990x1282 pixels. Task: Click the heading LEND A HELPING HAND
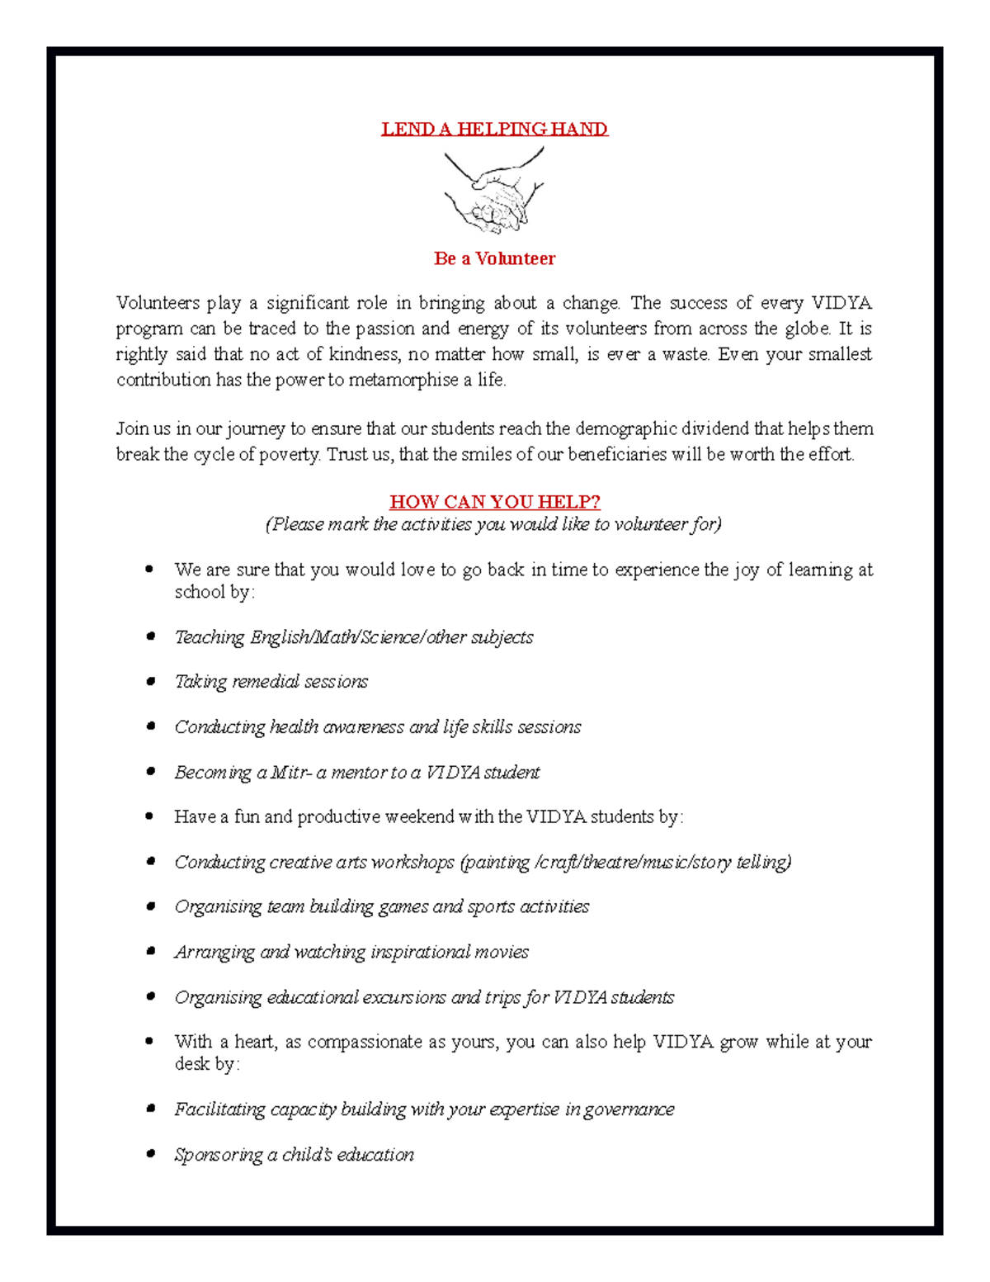(494, 129)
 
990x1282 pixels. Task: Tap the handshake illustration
(493, 192)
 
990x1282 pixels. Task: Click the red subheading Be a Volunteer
(494, 258)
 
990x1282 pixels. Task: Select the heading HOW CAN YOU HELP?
(494, 502)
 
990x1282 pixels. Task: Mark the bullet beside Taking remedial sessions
(150, 682)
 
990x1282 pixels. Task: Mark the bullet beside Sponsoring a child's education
(150, 1154)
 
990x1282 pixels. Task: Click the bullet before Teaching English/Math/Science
(150, 636)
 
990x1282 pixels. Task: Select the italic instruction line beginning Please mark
(493, 524)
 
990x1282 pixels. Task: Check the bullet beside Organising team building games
(150, 906)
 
